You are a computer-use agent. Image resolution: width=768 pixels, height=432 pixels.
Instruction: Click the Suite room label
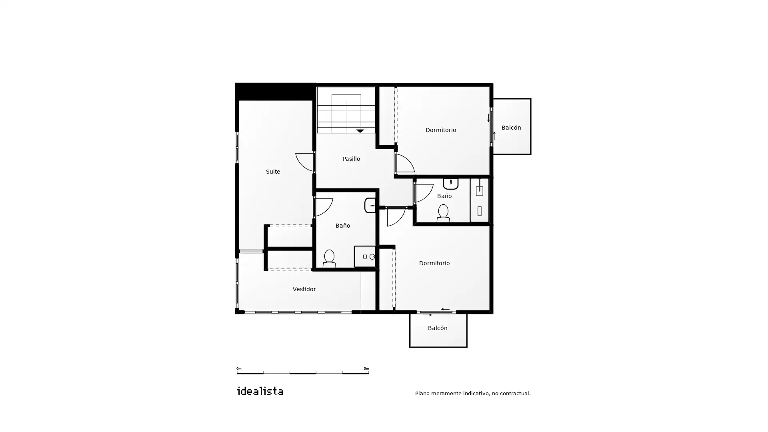[x=273, y=172]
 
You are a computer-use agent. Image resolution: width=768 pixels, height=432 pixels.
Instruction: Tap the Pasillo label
[x=351, y=159]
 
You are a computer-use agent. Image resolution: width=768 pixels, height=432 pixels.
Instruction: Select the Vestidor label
[x=304, y=289]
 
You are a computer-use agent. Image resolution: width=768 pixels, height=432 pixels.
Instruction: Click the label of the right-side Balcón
[x=511, y=128]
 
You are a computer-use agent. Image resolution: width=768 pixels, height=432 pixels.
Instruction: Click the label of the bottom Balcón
[x=438, y=328]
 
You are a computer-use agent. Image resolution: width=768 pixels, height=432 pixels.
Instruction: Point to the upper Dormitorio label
[x=440, y=130]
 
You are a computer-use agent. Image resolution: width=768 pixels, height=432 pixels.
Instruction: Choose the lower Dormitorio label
[x=434, y=263]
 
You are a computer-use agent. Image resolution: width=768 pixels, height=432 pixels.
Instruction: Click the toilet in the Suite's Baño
[x=329, y=258]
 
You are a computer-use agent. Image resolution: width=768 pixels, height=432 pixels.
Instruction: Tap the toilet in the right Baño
[x=443, y=213]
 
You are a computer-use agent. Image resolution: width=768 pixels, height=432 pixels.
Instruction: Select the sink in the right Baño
[x=450, y=184]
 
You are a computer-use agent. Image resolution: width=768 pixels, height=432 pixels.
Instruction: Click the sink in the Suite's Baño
[x=370, y=205]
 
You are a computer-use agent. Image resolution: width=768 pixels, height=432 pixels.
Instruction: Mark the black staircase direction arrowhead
[x=360, y=131]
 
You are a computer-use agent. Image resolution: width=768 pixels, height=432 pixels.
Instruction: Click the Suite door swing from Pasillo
[x=305, y=162]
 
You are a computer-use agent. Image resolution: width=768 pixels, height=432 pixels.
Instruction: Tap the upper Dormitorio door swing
[x=405, y=163]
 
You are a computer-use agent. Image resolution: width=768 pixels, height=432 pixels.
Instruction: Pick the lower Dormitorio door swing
[x=396, y=216]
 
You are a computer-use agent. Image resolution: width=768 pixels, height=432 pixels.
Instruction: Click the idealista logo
[x=260, y=391]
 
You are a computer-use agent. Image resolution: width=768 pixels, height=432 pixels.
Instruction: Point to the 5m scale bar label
[x=366, y=368]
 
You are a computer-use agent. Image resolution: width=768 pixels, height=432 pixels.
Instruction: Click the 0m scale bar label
[x=239, y=368]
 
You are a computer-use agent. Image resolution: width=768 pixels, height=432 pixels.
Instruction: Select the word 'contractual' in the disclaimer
[x=515, y=393]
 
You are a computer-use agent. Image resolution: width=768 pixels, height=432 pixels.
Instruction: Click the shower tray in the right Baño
[x=479, y=200]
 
